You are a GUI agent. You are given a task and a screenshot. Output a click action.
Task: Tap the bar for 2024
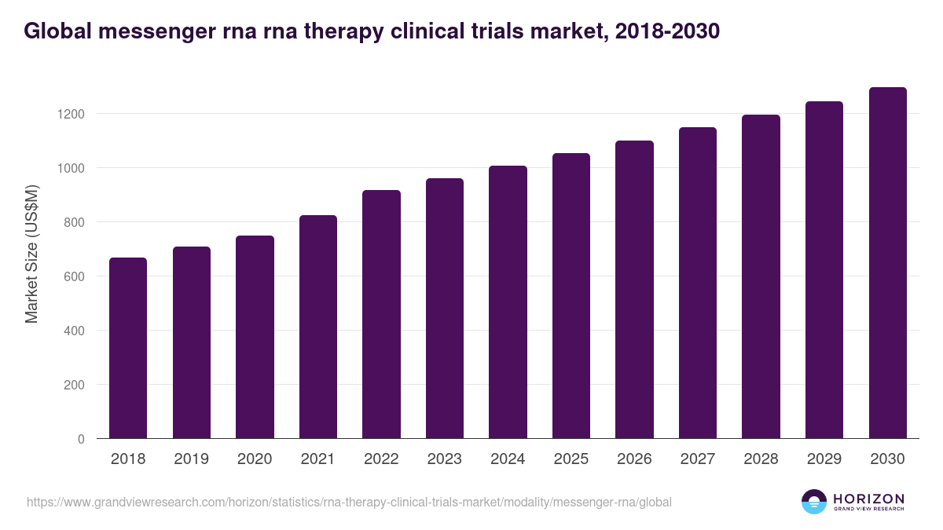point(508,302)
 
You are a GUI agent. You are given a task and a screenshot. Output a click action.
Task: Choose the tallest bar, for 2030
point(887,263)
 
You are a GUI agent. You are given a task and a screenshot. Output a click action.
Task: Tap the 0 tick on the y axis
point(81,439)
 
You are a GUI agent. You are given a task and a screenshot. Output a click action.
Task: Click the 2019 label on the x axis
point(191,459)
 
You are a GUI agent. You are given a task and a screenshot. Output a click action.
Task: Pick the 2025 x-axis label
point(571,459)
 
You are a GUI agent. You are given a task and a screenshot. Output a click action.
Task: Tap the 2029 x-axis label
point(824,459)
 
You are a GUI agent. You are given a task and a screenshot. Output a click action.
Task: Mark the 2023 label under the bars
point(445,459)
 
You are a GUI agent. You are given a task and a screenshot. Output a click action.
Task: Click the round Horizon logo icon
point(813,502)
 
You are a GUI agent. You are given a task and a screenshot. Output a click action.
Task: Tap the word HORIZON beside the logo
point(868,499)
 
